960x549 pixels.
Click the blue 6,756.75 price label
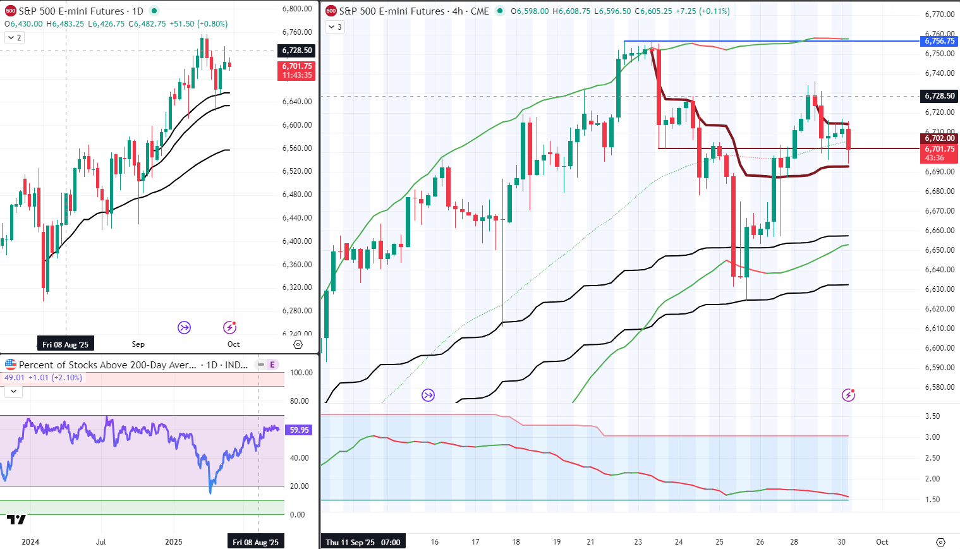[x=940, y=41]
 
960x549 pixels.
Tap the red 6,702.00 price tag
[x=940, y=138]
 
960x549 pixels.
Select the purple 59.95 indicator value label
[x=299, y=430]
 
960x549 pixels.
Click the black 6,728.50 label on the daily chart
[x=296, y=51]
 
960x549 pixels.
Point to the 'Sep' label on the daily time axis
[x=138, y=344]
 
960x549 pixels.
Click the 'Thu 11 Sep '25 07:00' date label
[x=363, y=542]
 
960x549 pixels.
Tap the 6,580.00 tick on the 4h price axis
[x=939, y=387]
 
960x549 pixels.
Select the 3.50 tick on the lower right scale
[x=932, y=416]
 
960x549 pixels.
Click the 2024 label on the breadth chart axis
[x=30, y=542]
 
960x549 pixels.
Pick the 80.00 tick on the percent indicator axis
[x=301, y=401]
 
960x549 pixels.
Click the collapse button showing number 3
[x=335, y=27]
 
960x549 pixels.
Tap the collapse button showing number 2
[x=14, y=38]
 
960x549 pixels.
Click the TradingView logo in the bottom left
[x=16, y=519]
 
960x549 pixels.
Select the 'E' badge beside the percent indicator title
[x=272, y=365]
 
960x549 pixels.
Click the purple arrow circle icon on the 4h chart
[x=428, y=395]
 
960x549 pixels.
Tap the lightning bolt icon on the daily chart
[x=229, y=327]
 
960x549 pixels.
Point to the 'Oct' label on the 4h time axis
[x=882, y=542]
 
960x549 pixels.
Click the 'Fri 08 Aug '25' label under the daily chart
[x=66, y=345]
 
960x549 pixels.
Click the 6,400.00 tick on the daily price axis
[x=297, y=241]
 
